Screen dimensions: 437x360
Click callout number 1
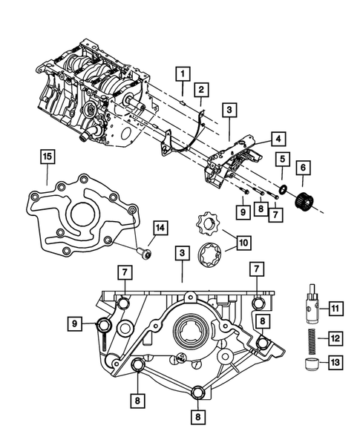pos(180,73)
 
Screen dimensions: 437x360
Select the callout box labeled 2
pos(200,91)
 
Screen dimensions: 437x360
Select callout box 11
pos(334,307)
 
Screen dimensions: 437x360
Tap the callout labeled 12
pos(334,338)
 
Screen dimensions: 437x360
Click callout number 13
pos(334,364)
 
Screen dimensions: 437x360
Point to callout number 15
pos(46,157)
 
